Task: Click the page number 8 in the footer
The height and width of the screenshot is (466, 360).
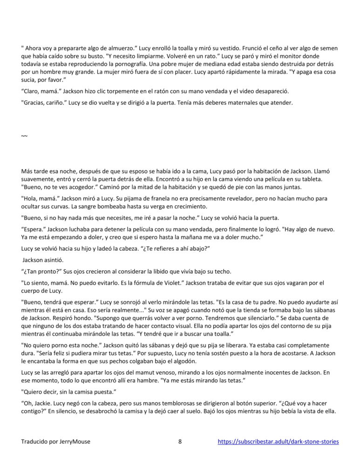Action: (x=180, y=441)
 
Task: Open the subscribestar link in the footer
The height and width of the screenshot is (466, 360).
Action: (x=278, y=441)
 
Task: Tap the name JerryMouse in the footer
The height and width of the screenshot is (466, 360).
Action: (x=75, y=441)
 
